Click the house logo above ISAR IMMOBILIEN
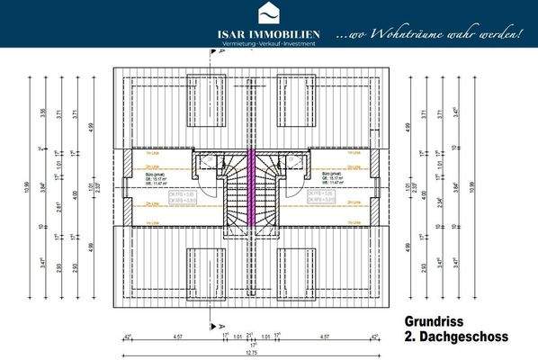click(x=269, y=13)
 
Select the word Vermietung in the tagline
click(x=228, y=45)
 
